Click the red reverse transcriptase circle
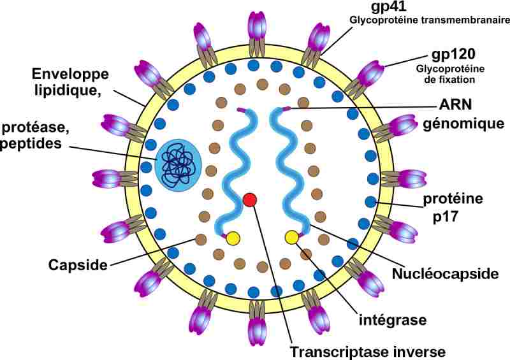click(250, 199)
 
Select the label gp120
click(453, 55)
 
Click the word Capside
click(78, 264)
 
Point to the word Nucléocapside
click(445, 273)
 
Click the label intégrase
click(393, 320)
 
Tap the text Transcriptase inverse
click(368, 352)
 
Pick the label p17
click(445, 217)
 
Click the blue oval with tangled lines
click(178, 166)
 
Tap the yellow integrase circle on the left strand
click(233, 238)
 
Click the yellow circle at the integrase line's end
click(291, 238)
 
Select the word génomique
click(463, 124)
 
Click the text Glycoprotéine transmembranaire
click(429, 20)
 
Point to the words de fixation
click(449, 80)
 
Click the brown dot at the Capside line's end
click(201, 240)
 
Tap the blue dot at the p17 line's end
click(370, 202)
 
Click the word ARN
click(455, 104)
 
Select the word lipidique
click(67, 90)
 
